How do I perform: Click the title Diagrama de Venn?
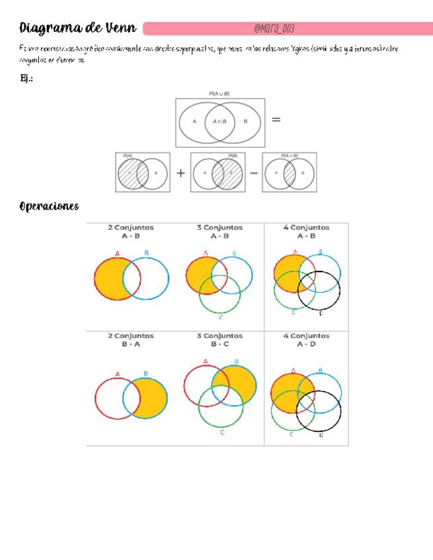78,28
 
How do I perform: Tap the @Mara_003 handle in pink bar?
274,28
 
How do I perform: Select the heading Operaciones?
50,206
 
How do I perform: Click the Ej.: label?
27,79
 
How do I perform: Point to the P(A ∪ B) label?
219,94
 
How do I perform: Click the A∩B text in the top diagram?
219,122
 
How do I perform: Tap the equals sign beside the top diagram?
276,120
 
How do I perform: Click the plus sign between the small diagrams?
180,173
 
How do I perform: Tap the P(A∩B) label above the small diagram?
289,156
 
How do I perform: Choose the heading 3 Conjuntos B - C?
219,339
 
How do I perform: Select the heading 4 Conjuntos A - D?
306,339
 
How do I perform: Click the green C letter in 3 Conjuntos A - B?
220,318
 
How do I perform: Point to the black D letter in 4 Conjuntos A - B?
321,312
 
